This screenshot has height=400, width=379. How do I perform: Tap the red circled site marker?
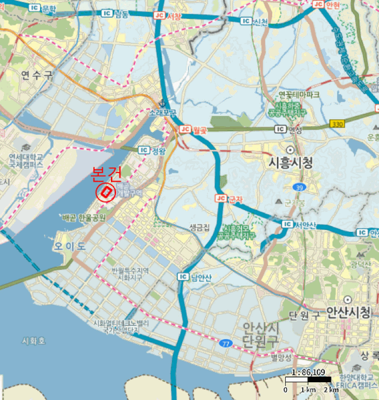106,193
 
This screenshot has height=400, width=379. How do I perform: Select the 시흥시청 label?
291,162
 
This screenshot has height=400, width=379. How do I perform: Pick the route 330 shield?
338,123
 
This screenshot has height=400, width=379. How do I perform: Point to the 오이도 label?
70,246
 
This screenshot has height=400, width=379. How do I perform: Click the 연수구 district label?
36,74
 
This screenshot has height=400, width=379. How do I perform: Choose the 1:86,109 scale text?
308,372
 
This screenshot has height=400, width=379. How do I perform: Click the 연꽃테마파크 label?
299,95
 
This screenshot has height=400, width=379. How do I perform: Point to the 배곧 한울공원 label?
84,218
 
